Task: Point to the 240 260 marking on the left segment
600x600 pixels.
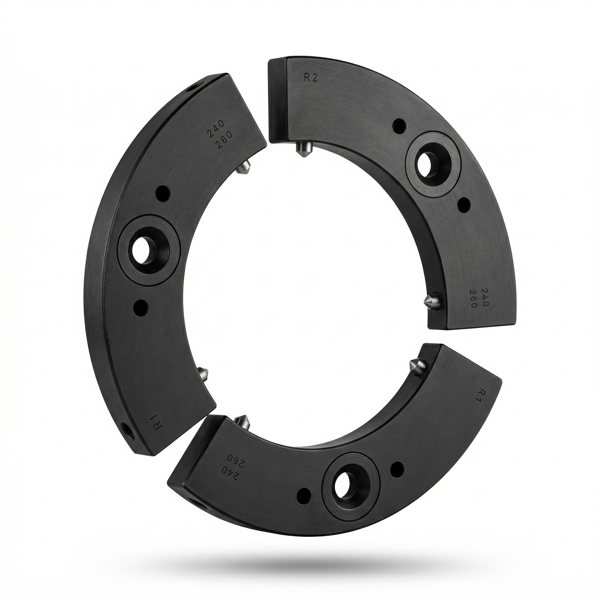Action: [x=219, y=139]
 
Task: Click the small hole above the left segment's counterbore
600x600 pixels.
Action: [x=164, y=195]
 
